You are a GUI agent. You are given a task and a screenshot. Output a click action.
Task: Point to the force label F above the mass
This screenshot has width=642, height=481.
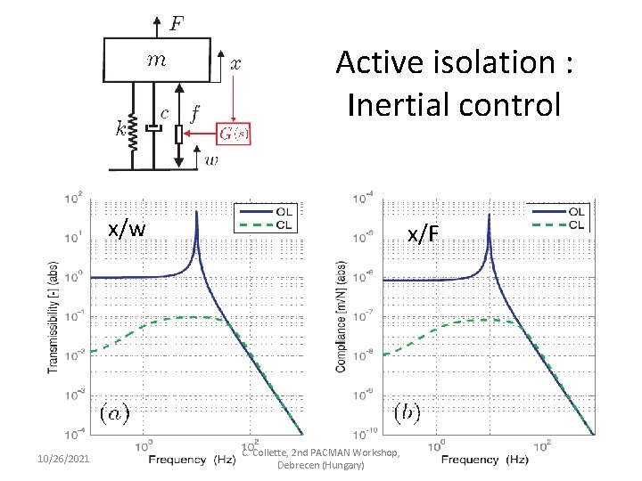click(x=177, y=22)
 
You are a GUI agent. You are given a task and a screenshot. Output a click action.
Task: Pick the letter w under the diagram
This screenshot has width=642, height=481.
click(x=211, y=160)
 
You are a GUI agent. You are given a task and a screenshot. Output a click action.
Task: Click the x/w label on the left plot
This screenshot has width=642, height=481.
click(x=127, y=229)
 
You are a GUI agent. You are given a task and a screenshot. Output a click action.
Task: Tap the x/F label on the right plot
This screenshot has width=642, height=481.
click(x=423, y=234)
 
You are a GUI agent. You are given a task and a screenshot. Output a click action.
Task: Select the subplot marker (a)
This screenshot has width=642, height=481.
click(x=113, y=412)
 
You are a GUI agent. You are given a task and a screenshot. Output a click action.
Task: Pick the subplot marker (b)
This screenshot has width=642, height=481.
click(x=407, y=412)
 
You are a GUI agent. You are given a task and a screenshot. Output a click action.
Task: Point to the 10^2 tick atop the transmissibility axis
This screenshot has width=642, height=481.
click(x=74, y=196)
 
